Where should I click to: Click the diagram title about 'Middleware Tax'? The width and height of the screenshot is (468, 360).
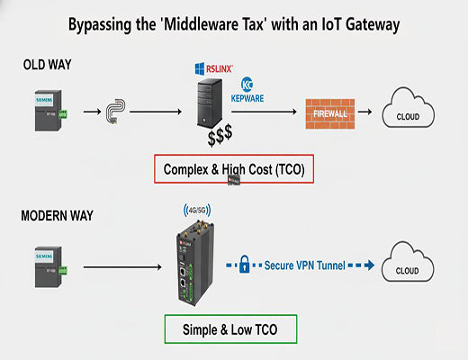(x=234, y=24)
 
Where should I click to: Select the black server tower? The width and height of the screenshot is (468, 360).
(x=209, y=105)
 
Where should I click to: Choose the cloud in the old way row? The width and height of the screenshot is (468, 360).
(x=409, y=115)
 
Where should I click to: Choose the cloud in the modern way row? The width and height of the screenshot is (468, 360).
(x=409, y=267)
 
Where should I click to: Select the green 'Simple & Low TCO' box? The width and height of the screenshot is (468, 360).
(x=232, y=329)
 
